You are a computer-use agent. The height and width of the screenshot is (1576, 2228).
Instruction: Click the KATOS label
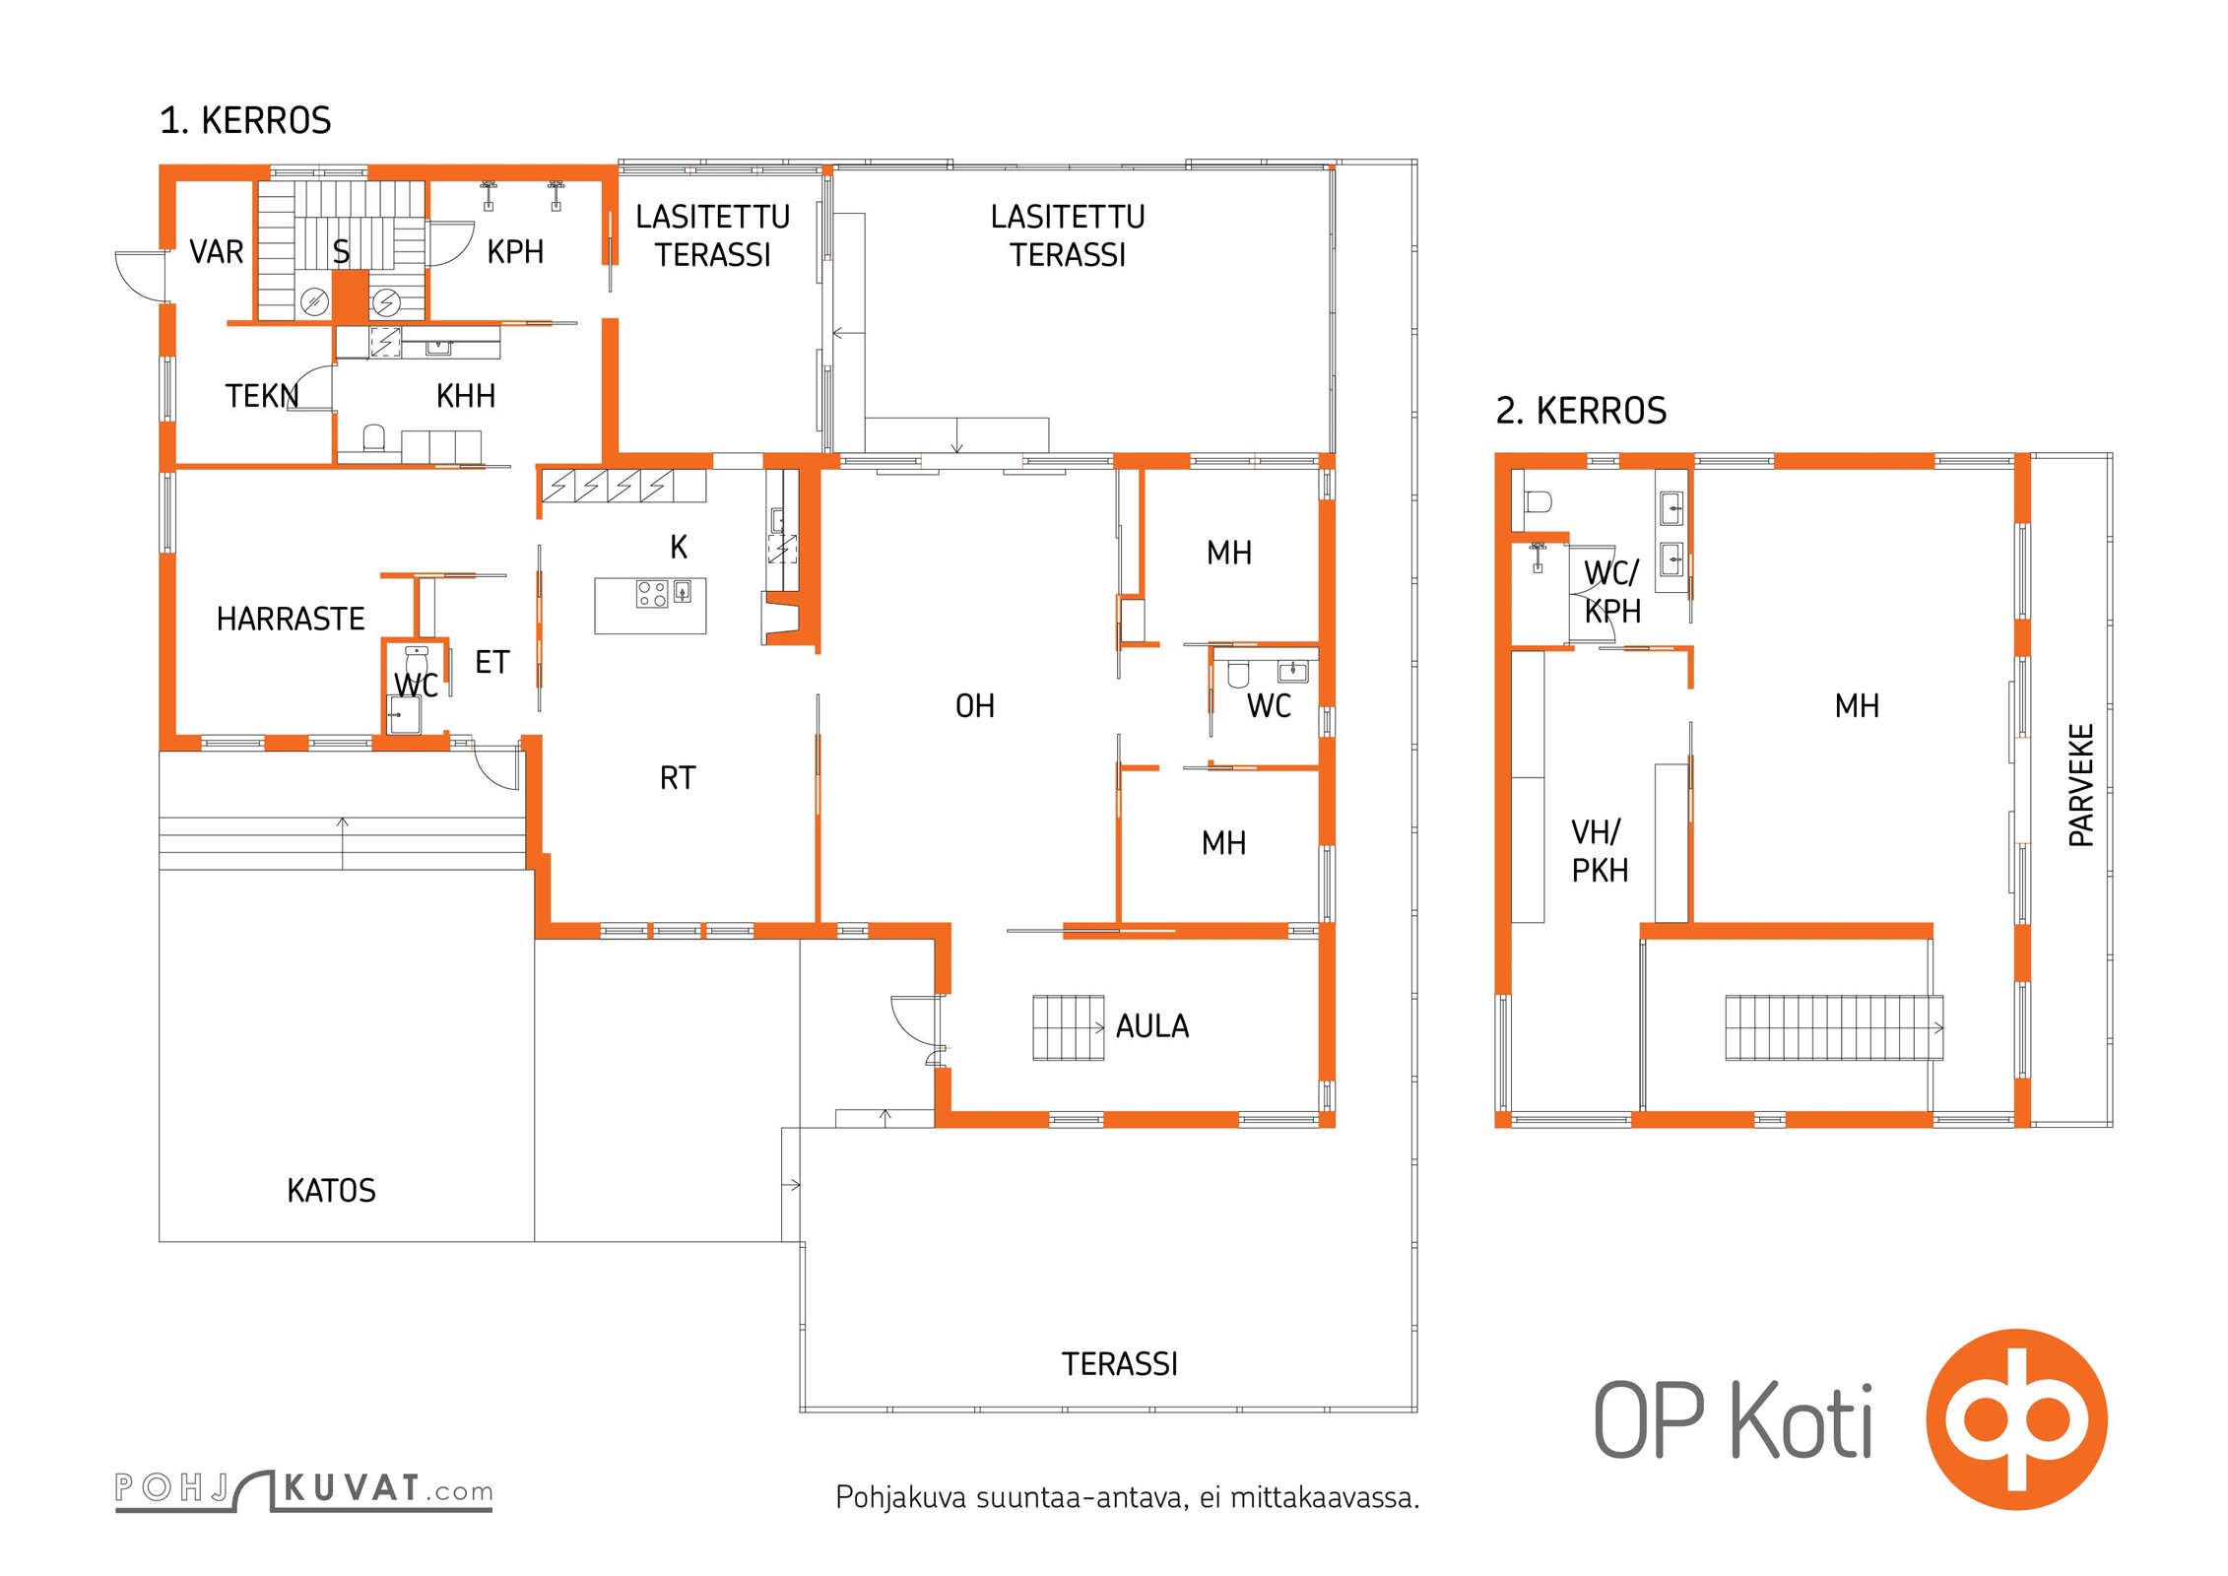(x=331, y=1190)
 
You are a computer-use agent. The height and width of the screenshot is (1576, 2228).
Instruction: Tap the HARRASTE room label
(x=291, y=619)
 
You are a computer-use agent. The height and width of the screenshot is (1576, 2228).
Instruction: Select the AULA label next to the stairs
(x=1152, y=1026)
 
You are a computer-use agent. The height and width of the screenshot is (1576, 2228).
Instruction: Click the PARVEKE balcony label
(x=2080, y=785)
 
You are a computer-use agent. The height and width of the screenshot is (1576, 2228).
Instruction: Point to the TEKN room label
(x=262, y=396)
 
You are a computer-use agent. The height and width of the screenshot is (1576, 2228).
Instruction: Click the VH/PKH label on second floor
(x=1600, y=851)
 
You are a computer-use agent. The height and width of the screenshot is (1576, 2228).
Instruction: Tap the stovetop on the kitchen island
(x=652, y=593)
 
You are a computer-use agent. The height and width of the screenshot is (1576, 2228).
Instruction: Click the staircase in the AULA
(x=1068, y=1028)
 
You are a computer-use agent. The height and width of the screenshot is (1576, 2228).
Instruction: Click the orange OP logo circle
(x=2016, y=1419)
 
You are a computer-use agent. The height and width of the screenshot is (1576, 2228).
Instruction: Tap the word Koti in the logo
(x=1802, y=1419)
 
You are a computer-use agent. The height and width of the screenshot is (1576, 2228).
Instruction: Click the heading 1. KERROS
(x=245, y=120)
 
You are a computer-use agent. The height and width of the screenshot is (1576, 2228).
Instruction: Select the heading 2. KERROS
(x=1581, y=411)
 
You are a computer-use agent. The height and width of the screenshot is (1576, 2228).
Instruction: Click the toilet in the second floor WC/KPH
(x=1538, y=502)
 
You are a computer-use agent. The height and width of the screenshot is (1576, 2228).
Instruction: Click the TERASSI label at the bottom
(x=1120, y=1364)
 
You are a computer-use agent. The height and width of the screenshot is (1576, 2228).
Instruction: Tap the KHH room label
(x=466, y=396)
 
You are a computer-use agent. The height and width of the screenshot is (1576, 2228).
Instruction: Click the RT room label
(x=678, y=778)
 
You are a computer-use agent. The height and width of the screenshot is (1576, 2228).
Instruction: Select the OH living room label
(x=975, y=705)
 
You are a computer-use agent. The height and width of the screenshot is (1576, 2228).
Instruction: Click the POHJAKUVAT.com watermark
(x=304, y=1489)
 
